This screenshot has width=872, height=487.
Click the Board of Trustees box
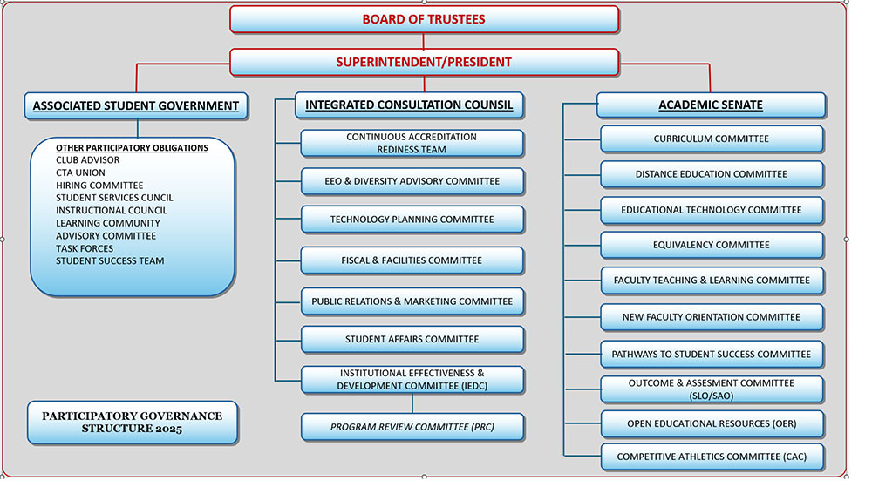(424, 19)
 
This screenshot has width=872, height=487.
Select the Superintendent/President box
(424, 62)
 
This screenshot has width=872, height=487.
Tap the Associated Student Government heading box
(136, 106)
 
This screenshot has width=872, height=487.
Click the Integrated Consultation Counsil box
(409, 105)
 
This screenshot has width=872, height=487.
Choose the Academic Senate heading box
(711, 105)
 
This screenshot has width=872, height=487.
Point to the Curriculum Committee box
(712, 139)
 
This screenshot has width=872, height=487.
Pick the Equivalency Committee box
(712, 245)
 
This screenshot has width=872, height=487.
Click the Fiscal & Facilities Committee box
(412, 260)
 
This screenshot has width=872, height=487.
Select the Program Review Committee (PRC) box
(412, 427)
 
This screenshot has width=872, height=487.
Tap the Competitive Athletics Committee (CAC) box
(712, 457)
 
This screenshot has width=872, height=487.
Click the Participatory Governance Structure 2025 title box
(133, 423)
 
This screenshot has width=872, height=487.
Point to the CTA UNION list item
(80, 172)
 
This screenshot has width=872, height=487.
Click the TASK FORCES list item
(85, 249)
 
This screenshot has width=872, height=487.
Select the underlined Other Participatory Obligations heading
(132, 148)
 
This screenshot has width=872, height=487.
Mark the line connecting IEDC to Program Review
(412, 403)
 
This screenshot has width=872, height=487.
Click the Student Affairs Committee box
(412, 339)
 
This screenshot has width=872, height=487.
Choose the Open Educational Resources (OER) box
(712, 423)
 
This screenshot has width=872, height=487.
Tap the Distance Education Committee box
(712, 174)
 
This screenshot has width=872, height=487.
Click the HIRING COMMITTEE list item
(99, 186)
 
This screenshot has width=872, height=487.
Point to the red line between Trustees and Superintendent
(423, 41)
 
